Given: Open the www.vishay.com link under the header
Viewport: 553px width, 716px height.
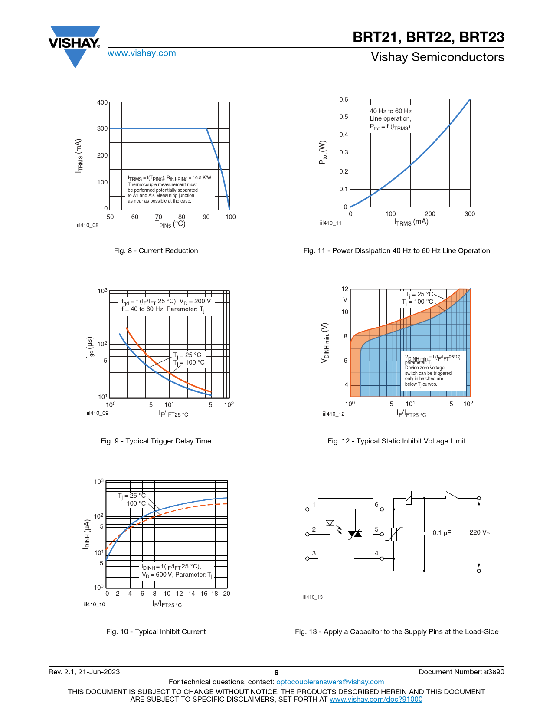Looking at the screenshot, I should click(141, 53).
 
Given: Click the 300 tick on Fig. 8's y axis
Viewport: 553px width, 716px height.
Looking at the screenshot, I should click(102, 128).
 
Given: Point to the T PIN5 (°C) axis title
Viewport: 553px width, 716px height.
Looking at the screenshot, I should click(170, 224).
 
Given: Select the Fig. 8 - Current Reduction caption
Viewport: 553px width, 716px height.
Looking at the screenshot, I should click(156, 251).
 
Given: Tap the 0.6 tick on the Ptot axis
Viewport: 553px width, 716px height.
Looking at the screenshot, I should click(344, 99).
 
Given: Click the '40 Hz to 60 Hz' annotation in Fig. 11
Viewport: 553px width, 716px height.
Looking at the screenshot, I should click(390, 111).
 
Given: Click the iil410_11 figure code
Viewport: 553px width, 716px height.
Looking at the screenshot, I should click(330, 223).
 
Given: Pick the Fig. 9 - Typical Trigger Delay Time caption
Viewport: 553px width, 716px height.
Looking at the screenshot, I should click(156, 441).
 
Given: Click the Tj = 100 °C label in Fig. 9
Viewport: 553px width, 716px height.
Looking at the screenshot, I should click(189, 362).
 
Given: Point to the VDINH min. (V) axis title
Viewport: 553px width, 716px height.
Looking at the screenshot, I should click(325, 343).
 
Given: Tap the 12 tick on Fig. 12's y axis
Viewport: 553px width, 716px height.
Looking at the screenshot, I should click(345, 289).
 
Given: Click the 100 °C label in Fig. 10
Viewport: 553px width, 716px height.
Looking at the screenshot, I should click(136, 503).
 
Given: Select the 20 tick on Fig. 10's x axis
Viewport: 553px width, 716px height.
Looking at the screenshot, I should click(226, 594).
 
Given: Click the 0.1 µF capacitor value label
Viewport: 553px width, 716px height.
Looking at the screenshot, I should click(442, 533).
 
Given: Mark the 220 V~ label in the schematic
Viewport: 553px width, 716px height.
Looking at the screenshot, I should click(480, 532).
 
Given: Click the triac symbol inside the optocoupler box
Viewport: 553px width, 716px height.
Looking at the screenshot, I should click(355, 534).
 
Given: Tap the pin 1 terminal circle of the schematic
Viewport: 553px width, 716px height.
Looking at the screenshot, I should click(308, 509).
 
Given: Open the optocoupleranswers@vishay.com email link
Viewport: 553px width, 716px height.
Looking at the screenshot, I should click(330, 682).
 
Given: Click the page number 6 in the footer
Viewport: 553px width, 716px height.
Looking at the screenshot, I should click(276, 673).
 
